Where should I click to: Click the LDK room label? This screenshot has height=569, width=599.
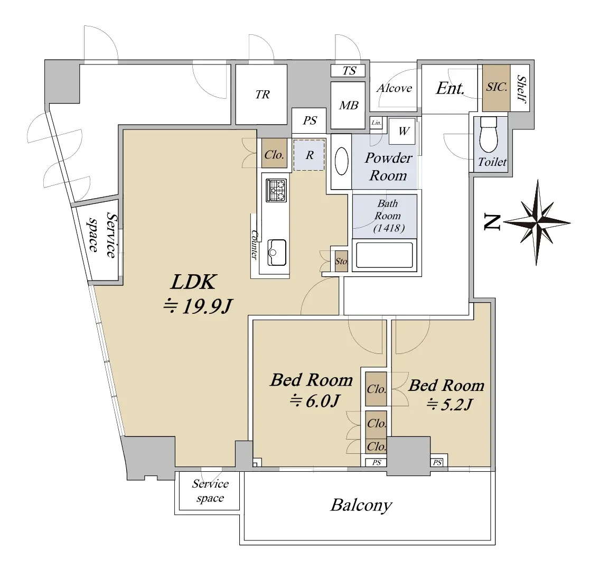point(193,282)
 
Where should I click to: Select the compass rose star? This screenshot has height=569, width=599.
point(537,222)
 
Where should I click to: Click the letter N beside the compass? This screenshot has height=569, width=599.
point(492,223)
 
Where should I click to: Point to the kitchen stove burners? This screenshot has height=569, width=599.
point(277,190)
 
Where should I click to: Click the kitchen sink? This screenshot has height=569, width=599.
point(277,251)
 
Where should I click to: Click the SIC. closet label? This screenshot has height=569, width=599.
point(497,88)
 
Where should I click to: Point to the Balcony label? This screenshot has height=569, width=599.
point(361,506)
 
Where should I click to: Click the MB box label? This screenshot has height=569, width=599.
point(349,106)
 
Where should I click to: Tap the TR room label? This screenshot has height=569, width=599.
point(263,95)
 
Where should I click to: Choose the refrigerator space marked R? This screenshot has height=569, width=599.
point(310,155)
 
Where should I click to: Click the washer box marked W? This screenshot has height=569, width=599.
point(404,131)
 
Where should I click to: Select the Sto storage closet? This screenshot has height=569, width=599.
point(341,261)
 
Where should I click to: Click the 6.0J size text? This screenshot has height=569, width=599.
point(314,402)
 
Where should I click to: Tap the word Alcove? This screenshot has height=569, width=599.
point(394,88)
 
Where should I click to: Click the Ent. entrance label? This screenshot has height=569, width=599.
point(450,88)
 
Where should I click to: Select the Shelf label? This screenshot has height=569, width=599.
point(522,88)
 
